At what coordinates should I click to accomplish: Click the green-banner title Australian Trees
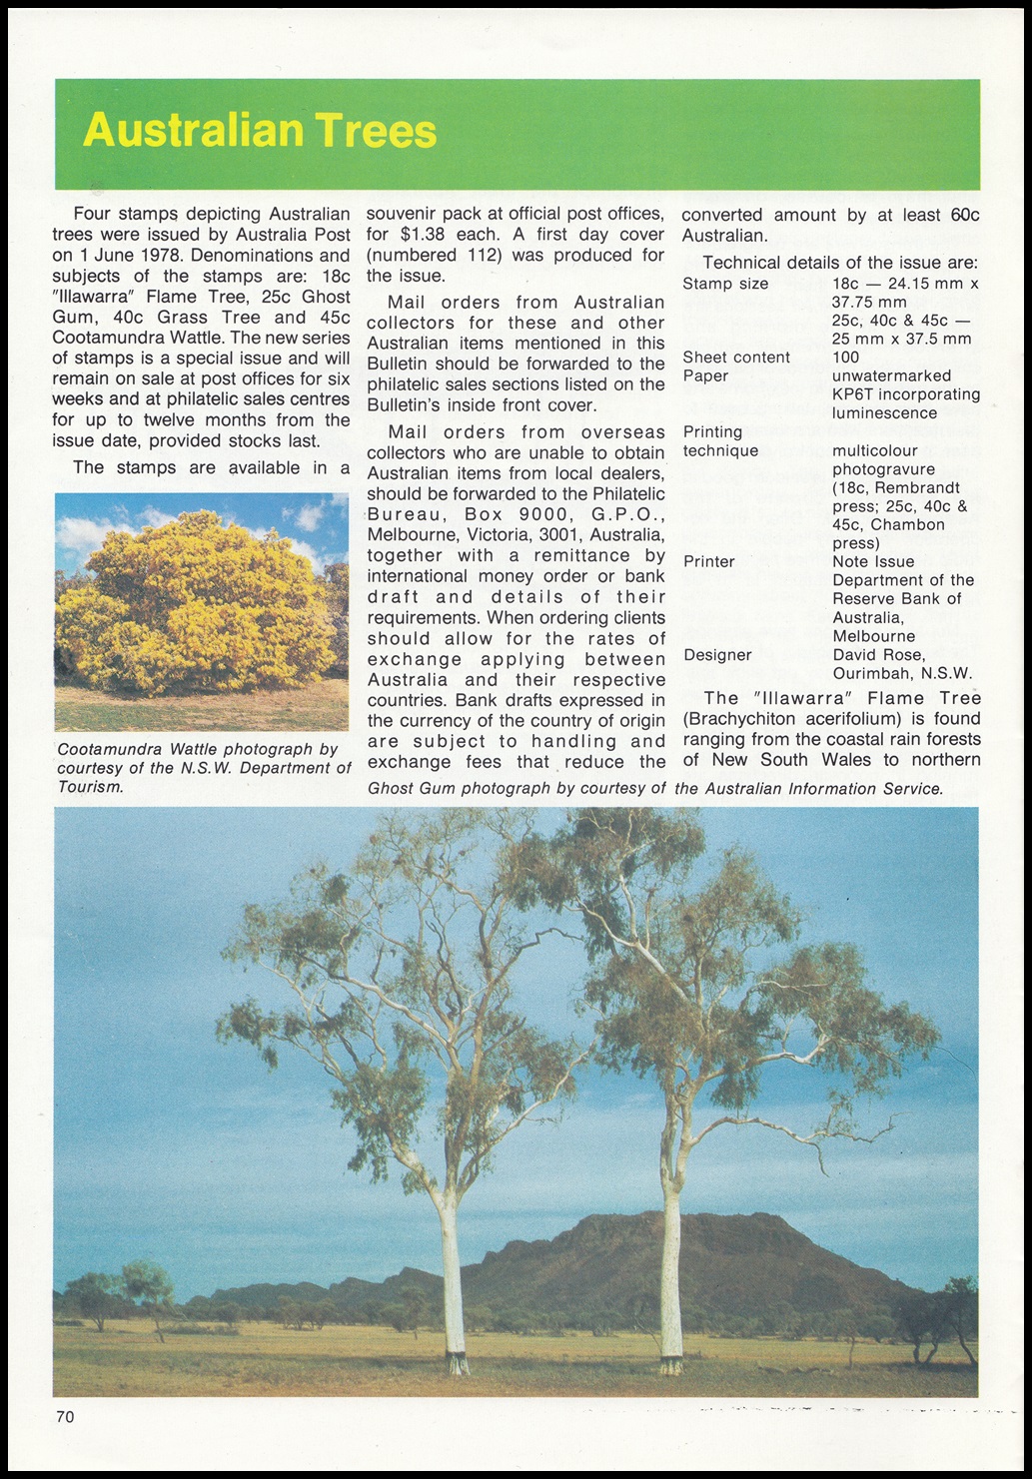(260, 131)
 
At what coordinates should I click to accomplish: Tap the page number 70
(65, 1415)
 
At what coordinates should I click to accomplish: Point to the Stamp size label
(725, 285)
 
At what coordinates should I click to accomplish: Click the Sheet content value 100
(845, 358)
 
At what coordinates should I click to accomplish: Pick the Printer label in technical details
(709, 562)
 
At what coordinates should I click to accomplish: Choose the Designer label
(717, 655)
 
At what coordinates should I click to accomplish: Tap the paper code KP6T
(852, 394)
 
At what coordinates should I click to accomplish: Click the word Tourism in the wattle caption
(91, 787)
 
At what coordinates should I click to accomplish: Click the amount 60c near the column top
(965, 215)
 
